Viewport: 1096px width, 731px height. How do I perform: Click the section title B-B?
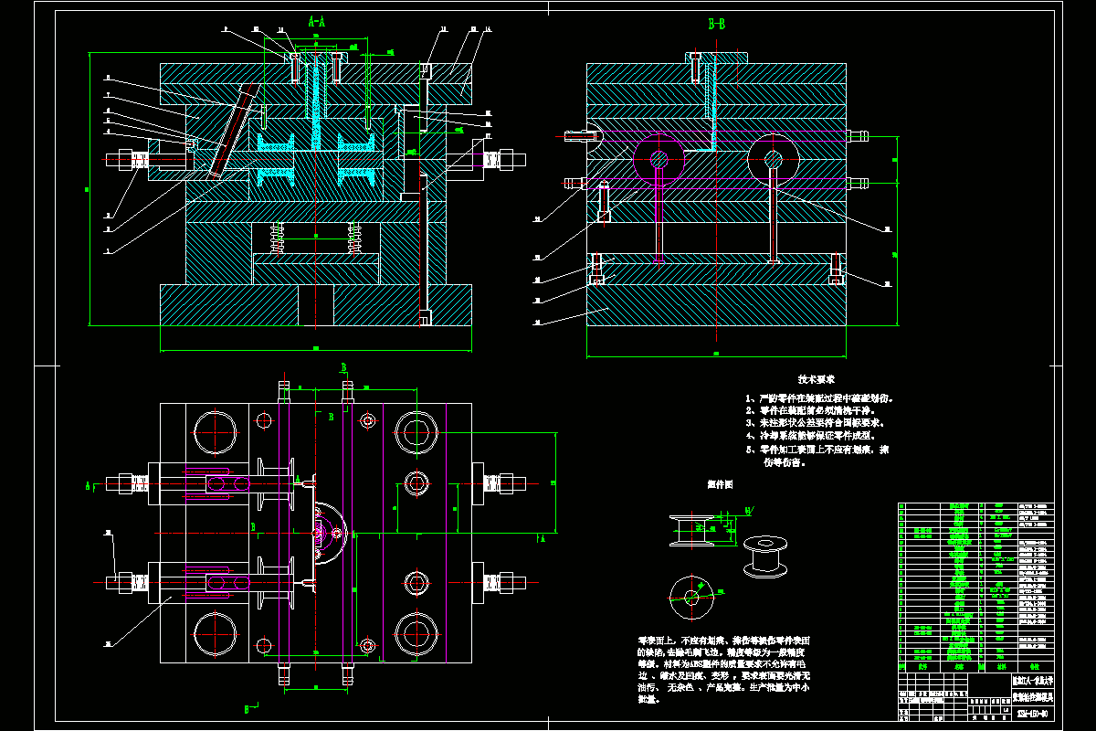coord(717,25)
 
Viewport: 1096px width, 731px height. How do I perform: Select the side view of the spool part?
coord(695,531)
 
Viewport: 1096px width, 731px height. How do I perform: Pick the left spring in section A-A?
coord(279,240)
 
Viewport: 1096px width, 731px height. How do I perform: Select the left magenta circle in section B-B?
coord(659,158)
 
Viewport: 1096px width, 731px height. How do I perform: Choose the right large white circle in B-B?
coord(774,159)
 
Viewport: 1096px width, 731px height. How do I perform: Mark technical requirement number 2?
coord(818,411)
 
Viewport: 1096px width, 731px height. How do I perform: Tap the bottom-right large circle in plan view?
coord(416,632)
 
